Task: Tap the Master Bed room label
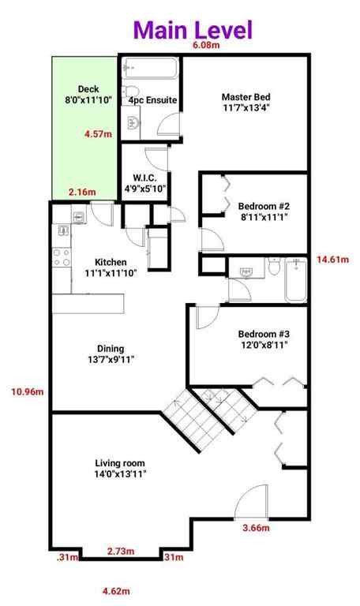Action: [246, 104]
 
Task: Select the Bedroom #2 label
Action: [259, 212]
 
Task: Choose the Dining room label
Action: [110, 354]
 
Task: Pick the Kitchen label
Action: [110, 267]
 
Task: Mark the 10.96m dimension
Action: [28, 390]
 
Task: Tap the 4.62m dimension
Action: [117, 590]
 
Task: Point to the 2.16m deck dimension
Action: [82, 192]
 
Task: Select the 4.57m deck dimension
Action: [98, 135]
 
